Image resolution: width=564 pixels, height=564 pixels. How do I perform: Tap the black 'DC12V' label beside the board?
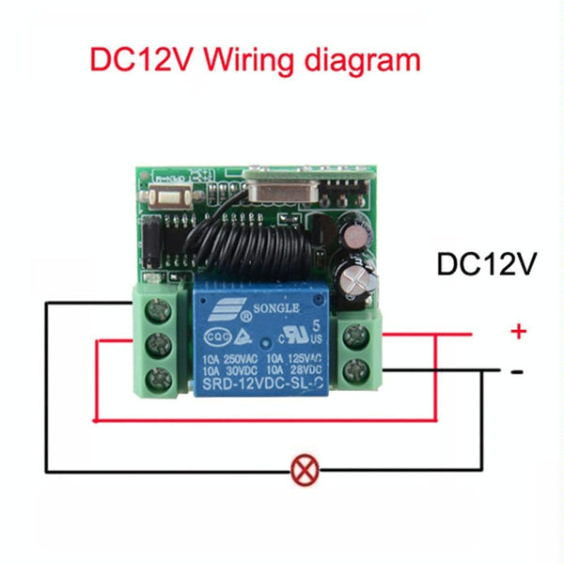point(486,264)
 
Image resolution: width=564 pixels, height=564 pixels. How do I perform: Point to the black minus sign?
point(516,371)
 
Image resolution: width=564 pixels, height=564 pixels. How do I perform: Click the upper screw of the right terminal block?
point(356,333)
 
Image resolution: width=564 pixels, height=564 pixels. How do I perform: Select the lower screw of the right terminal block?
point(356,369)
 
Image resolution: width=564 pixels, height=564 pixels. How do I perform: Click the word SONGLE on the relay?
point(274,308)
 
